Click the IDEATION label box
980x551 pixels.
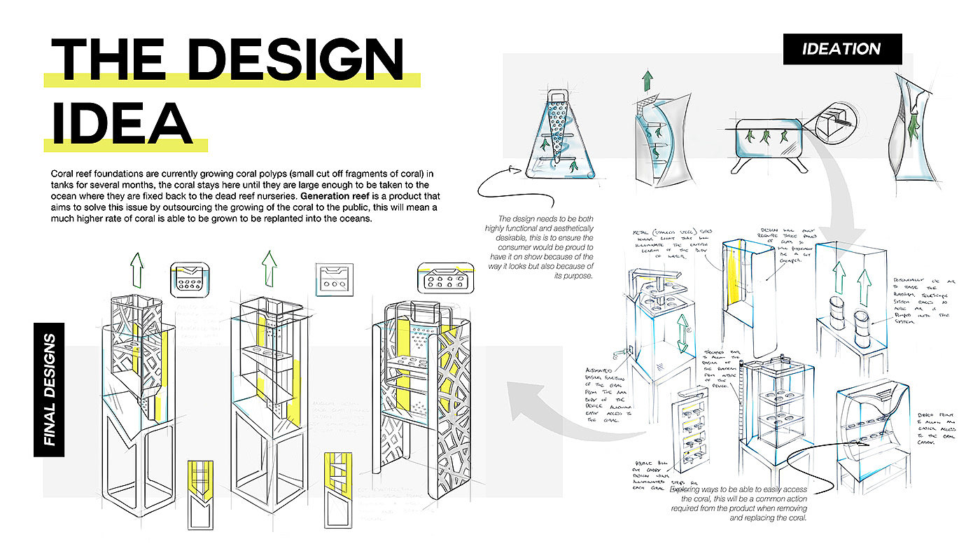[x=842, y=49]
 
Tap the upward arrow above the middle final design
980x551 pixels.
[x=266, y=268]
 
